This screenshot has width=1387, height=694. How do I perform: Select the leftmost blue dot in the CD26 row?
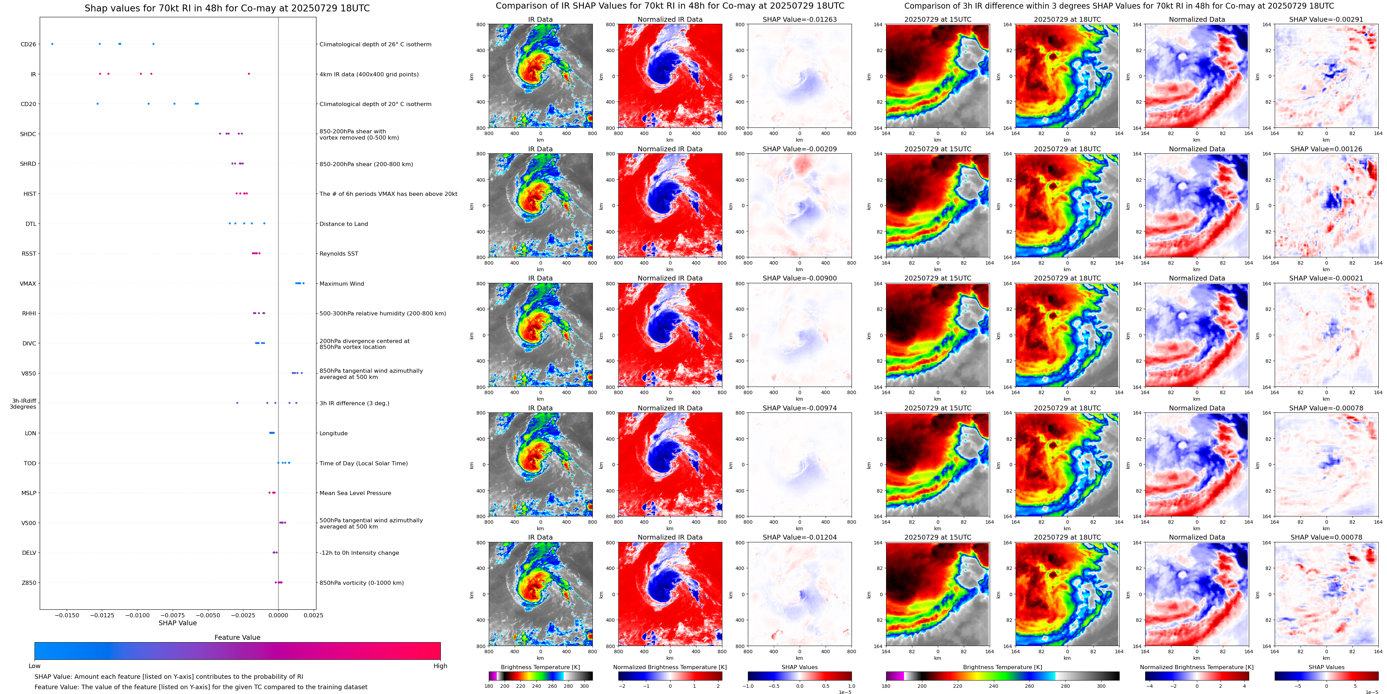[x=52, y=44]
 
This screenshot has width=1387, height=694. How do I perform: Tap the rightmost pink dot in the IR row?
[x=249, y=74]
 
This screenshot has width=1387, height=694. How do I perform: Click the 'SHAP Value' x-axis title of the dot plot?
[x=178, y=623]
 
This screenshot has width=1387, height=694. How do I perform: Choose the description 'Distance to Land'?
[x=343, y=224]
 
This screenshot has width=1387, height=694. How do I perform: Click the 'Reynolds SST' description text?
[x=339, y=254]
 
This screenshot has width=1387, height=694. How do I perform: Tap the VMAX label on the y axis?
[x=28, y=284]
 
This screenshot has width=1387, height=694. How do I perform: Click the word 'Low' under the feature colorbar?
[x=35, y=666]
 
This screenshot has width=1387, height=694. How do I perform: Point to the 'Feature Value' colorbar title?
[x=237, y=637]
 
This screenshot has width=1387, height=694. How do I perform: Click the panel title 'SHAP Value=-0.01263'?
[x=800, y=19]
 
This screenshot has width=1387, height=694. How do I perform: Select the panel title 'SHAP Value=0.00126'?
[x=1326, y=149]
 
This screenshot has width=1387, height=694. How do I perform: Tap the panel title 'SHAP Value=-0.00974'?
[x=800, y=408]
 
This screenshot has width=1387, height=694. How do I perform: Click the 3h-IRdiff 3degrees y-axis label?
[x=23, y=404]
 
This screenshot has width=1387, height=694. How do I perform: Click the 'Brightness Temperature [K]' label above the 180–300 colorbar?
[x=540, y=667]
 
